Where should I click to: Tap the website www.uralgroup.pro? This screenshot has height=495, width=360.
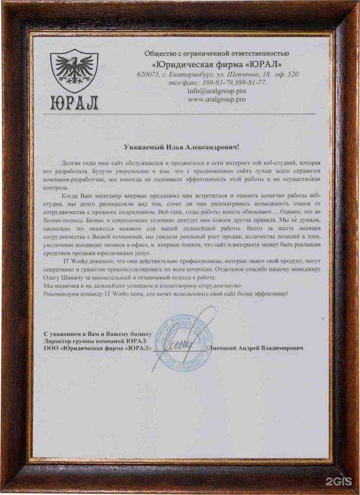(216, 99)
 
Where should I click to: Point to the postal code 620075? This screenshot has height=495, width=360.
(147, 74)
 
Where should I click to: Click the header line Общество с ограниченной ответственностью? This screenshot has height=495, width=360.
(216, 53)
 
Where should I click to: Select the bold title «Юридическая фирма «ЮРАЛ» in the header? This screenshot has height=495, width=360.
(216, 64)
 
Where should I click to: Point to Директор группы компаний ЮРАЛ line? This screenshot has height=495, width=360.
(95, 341)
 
